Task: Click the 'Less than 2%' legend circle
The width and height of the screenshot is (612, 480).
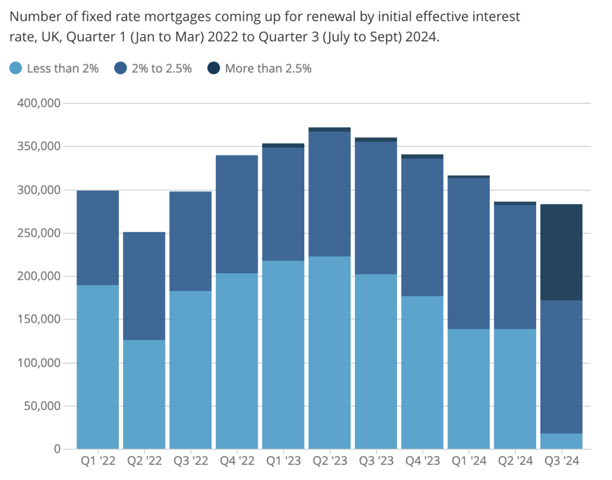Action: (x=17, y=68)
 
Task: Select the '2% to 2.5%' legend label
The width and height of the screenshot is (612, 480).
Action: (x=161, y=68)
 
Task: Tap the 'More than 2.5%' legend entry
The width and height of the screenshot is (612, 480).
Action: (x=268, y=68)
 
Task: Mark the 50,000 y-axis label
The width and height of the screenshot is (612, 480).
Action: (x=39, y=406)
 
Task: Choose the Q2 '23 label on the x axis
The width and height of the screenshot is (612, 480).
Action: (x=329, y=462)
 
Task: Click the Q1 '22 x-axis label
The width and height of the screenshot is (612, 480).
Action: (x=97, y=462)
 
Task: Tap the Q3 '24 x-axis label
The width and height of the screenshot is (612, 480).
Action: (x=561, y=462)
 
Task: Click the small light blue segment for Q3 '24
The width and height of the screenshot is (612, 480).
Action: (x=561, y=441)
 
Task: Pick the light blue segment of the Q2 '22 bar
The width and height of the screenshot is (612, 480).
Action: (x=144, y=395)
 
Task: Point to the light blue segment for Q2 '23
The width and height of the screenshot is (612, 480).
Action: (x=329, y=353)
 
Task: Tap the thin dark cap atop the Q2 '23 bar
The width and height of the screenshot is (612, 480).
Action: (x=329, y=129)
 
